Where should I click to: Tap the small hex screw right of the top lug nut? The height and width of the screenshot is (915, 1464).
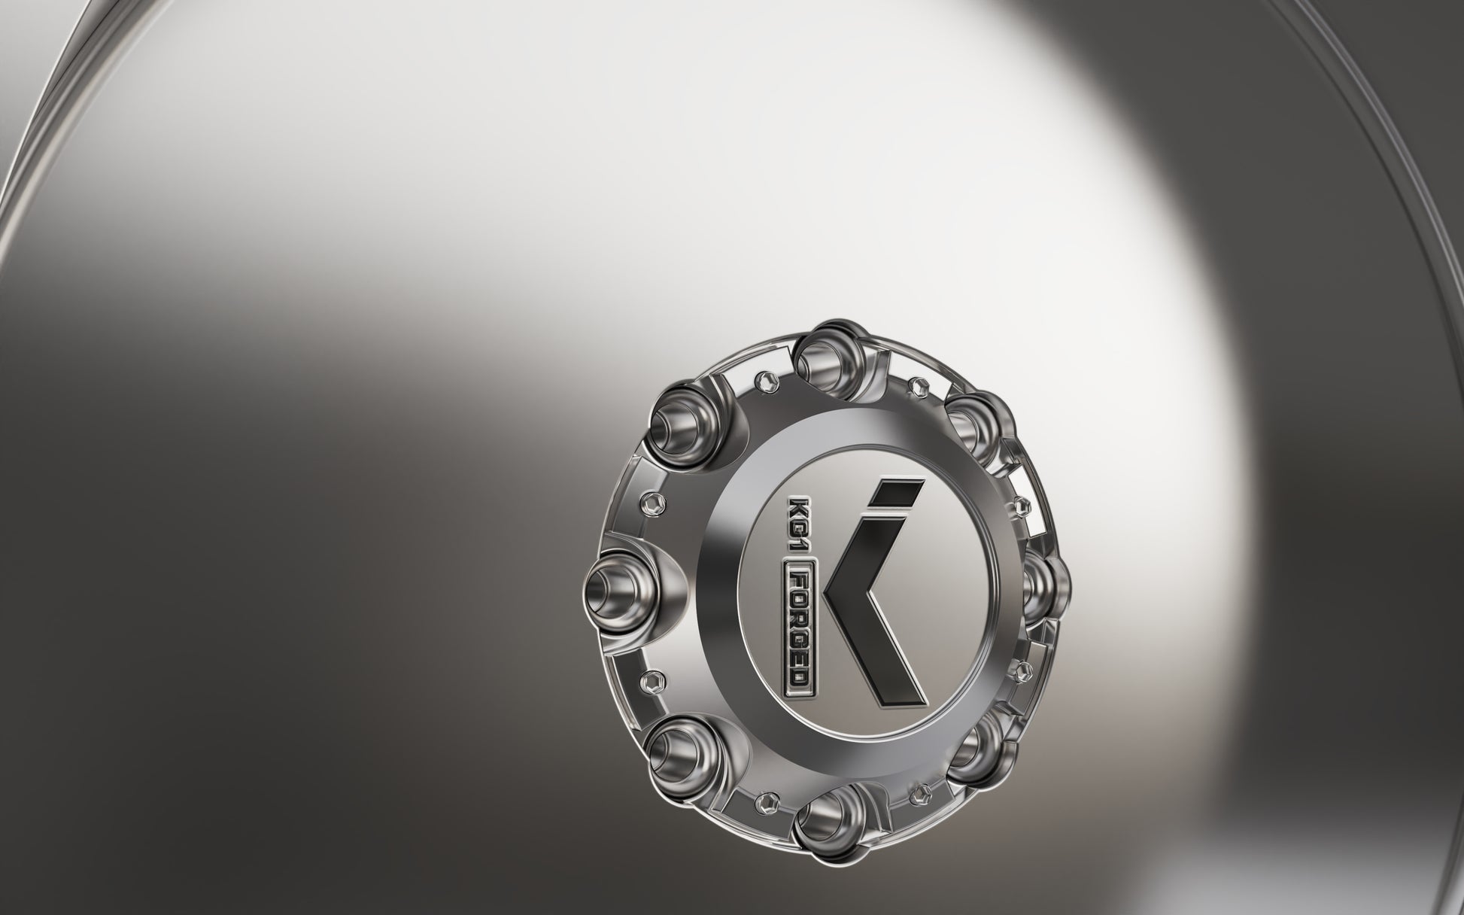point(915,385)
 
